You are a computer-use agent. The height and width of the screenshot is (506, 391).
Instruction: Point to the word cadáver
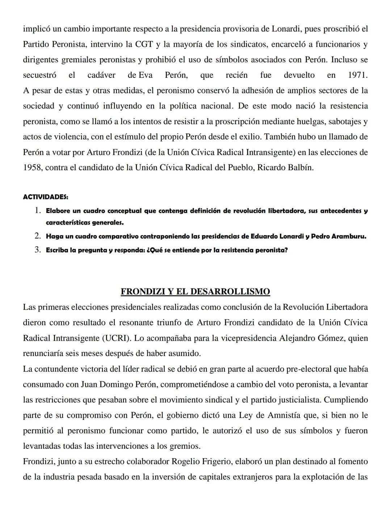click(101, 75)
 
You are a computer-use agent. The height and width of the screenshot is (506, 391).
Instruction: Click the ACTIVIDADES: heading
click(46, 197)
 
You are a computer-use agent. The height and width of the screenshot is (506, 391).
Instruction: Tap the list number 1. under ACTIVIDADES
click(38, 211)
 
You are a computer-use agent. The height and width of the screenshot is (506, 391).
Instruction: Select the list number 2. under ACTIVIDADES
click(38, 237)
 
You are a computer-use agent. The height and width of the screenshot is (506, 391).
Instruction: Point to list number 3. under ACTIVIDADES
click(38, 250)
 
